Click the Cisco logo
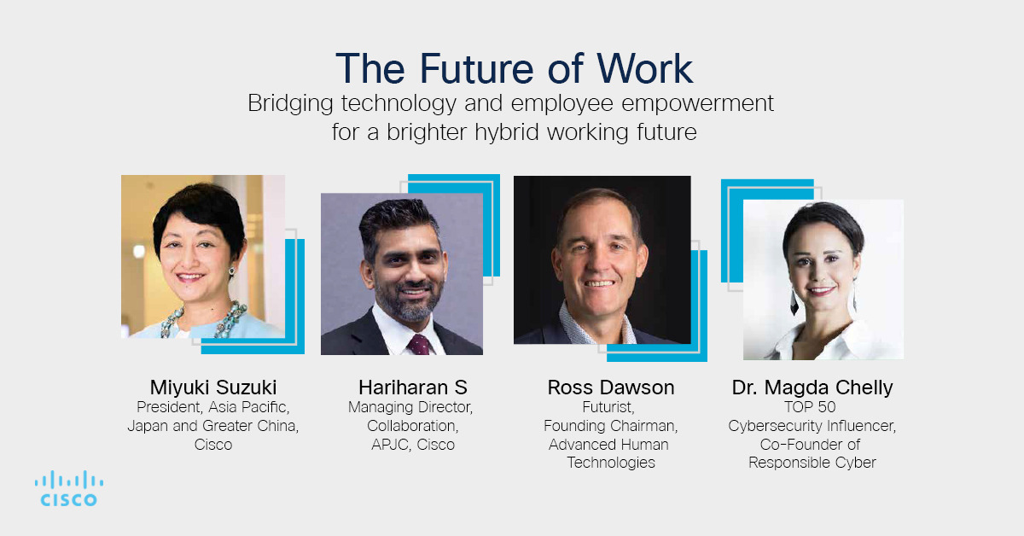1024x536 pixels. click(x=69, y=488)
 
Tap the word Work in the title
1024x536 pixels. click(x=644, y=68)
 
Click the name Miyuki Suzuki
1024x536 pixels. click(x=213, y=387)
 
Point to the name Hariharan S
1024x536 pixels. click(x=413, y=387)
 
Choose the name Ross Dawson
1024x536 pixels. click(x=611, y=387)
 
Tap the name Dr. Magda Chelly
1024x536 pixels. click(x=812, y=387)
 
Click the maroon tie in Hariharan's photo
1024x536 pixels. click(x=418, y=344)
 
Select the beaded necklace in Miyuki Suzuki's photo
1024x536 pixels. click(x=203, y=320)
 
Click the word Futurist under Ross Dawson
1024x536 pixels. click(x=608, y=407)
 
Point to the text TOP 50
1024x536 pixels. click(x=810, y=406)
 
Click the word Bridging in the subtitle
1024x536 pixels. click(x=290, y=103)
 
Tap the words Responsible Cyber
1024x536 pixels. click(x=812, y=463)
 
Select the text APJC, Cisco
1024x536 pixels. click(x=413, y=444)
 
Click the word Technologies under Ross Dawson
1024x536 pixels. click(x=611, y=463)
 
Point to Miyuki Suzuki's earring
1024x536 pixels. click(x=232, y=271)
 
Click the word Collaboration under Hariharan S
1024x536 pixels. click(x=412, y=426)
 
